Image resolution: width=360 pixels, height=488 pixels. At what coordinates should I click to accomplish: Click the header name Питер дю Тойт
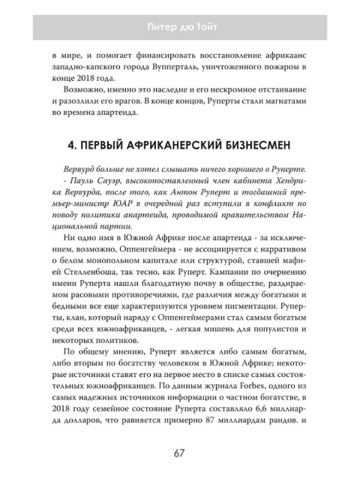(180, 28)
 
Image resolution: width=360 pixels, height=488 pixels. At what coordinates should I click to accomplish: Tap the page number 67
(180, 453)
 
